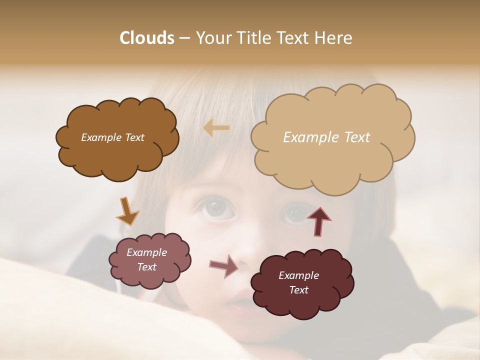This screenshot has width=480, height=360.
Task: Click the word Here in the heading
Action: [x=335, y=38]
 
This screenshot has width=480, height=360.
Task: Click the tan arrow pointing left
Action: [x=216, y=128]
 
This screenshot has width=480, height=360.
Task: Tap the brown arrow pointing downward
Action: [x=127, y=211]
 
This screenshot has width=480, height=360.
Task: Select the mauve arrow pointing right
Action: [x=224, y=266]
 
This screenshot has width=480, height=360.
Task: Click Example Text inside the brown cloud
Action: [x=112, y=137]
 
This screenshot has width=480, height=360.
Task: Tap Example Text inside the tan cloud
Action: [x=326, y=137]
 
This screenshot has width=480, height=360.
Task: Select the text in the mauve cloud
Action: [x=146, y=259]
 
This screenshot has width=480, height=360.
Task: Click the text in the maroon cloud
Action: [x=298, y=282]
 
